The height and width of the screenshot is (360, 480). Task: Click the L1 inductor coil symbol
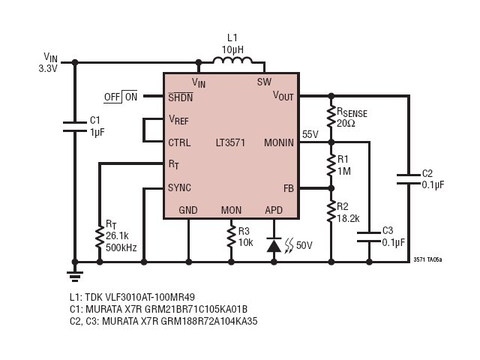pos(232,60)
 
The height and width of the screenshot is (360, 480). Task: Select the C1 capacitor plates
pos(75,127)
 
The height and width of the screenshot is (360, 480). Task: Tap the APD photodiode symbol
pos(274,244)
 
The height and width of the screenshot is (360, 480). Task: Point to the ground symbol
pos(75,277)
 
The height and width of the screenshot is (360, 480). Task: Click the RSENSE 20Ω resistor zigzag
pos(331,117)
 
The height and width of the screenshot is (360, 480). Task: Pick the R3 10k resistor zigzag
pos(231,237)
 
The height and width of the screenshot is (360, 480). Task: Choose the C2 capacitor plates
pos(409,179)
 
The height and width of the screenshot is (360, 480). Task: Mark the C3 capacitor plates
pos(369,237)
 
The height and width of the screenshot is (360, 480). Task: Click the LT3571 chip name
pos(230,142)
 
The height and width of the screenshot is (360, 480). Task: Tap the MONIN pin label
pos(278,142)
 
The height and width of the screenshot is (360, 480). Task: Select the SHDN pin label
pos(180,97)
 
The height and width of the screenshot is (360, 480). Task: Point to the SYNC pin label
pos(179,187)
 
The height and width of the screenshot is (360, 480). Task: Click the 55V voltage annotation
pos(310,134)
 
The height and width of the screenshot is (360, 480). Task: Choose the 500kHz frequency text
pos(121,247)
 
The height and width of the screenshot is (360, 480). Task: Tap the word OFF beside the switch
pos(112,97)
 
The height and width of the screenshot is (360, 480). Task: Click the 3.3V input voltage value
pos(48,68)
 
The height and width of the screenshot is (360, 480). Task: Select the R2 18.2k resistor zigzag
pos(331,211)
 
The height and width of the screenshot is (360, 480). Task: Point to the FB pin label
pos(289,188)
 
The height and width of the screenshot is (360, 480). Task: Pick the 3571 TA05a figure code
pos(427,259)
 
